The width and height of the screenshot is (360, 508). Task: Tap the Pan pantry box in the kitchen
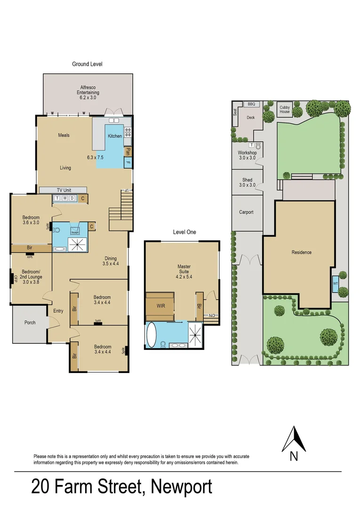click(128, 151)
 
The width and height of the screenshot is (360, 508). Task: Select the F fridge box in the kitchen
click(128, 163)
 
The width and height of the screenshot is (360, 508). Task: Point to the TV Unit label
click(64, 190)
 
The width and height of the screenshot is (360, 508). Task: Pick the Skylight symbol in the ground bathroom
click(75, 230)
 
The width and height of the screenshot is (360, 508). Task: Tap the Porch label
click(30, 323)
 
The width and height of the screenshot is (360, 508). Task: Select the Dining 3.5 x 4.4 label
click(111, 261)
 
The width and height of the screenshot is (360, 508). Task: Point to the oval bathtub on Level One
click(151, 335)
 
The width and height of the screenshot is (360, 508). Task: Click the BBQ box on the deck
click(251, 104)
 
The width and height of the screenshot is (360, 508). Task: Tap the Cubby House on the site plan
click(285, 110)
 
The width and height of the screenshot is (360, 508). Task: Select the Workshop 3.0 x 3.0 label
click(247, 155)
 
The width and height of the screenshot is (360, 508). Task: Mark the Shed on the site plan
click(247, 183)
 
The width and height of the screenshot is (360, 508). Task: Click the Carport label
click(246, 212)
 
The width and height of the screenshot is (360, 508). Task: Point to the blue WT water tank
click(336, 284)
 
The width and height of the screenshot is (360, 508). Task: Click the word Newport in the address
click(181, 487)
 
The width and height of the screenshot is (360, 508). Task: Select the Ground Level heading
click(87, 64)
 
